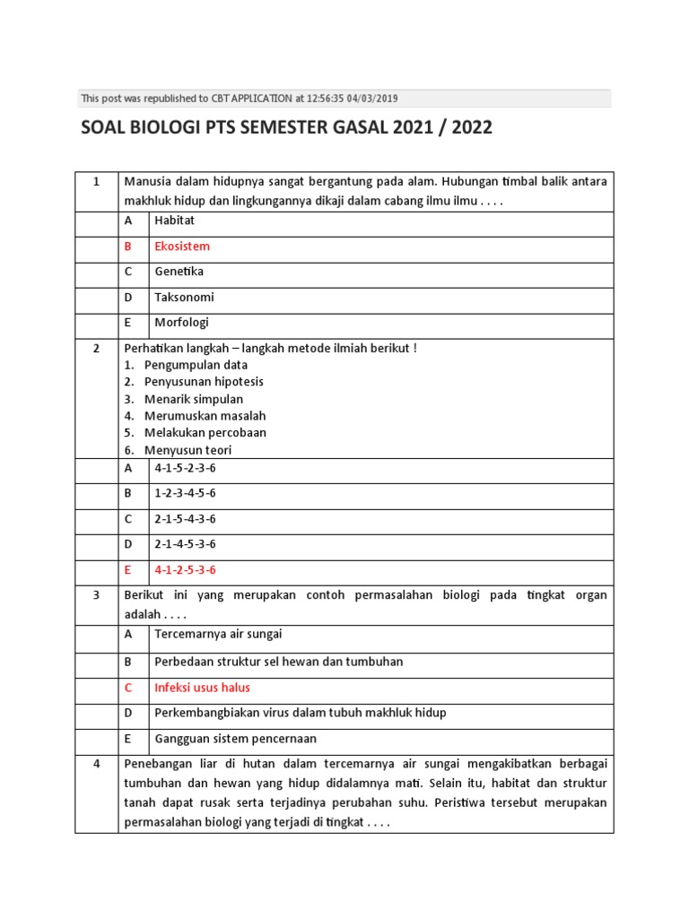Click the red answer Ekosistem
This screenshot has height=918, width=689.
[x=182, y=247]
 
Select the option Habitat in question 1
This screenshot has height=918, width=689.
[x=174, y=221]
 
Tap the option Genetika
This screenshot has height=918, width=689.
[x=179, y=272]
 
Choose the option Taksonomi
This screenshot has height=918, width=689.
[x=184, y=298]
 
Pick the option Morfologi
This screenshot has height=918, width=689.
[x=181, y=323]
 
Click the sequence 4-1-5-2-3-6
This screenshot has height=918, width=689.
[x=185, y=468]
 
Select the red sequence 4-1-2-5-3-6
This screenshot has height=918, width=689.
[x=185, y=570]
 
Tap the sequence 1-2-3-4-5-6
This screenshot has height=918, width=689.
[x=185, y=494]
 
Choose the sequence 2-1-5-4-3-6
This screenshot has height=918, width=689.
[x=185, y=519]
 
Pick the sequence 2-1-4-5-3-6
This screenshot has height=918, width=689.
[x=185, y=544]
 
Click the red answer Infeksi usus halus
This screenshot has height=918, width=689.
[x=202, y=688]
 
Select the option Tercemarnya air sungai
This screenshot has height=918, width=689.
[x=218, y=635]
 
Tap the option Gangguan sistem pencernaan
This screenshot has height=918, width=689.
[x=235, y=740]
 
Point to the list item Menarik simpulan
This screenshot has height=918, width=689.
[x=193, y=399]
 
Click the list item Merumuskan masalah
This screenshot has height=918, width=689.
[x=205, y=416]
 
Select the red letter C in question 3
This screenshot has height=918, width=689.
[x=128, y=688]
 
